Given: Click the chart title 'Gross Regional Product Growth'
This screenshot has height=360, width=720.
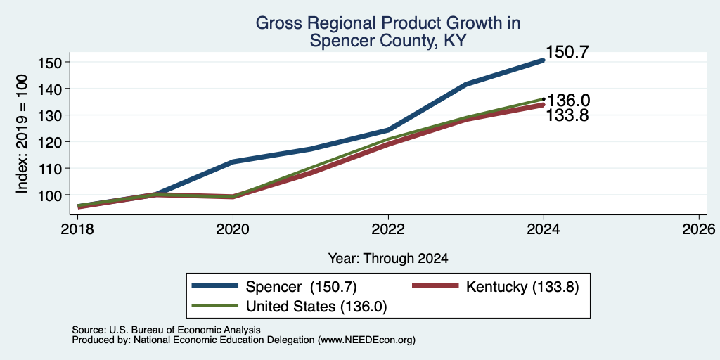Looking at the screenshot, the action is [387, 23].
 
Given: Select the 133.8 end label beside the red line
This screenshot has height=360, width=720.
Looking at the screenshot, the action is [567, 115].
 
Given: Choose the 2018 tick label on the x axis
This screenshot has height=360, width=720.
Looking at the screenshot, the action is [77, 229].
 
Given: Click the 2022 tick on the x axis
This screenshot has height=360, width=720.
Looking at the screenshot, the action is [388, 229].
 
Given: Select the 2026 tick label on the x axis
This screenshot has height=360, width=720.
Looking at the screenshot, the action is [699, 229].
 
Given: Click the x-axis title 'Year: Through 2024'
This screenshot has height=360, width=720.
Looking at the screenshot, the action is [388, 259].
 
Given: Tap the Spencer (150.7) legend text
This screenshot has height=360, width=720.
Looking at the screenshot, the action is [301, 287].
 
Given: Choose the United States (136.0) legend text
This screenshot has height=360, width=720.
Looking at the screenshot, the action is [316, 307].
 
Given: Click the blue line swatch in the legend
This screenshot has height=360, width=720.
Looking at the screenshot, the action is [215, 286].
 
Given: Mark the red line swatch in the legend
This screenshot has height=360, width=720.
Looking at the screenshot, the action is [435, 286].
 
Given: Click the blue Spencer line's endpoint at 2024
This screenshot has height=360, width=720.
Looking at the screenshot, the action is [544, 60].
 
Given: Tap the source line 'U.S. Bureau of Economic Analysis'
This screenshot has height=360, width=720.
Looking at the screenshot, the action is [185, 330].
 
